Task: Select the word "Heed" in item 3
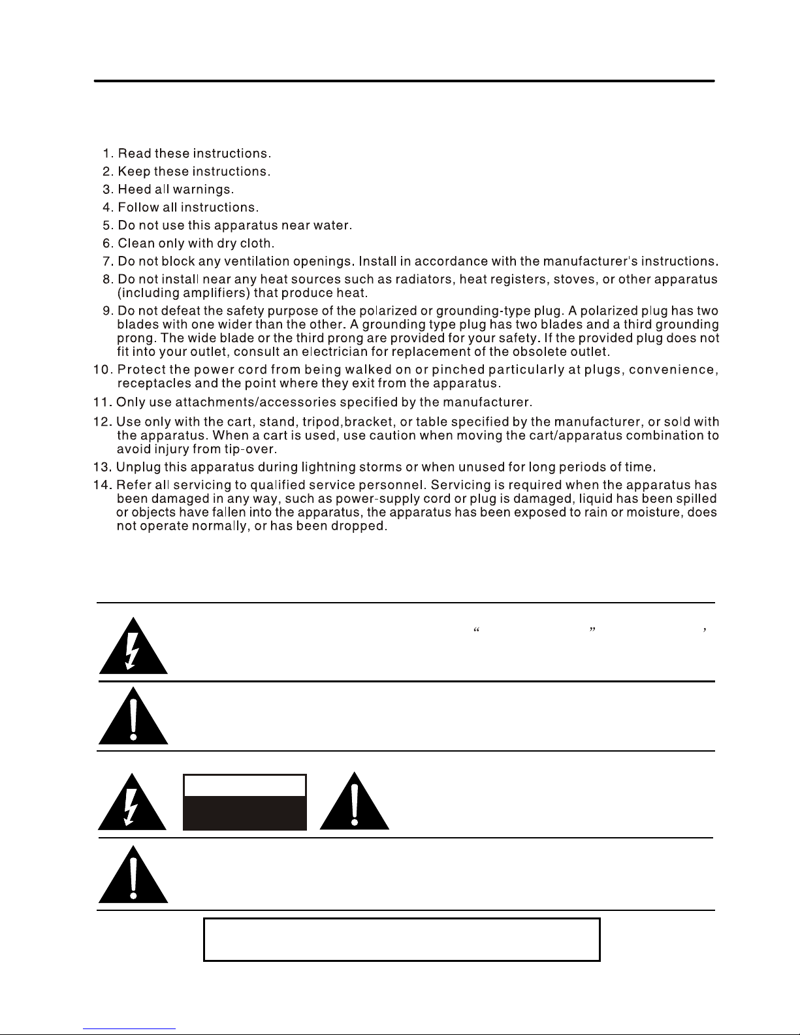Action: click(135, 190)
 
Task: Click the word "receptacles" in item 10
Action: click(151, 383)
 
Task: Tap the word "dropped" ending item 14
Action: click(362, 526)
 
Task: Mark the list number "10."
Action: click(103, 370)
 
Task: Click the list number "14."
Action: click(103, 486)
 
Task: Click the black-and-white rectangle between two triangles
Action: click(245, 803)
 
